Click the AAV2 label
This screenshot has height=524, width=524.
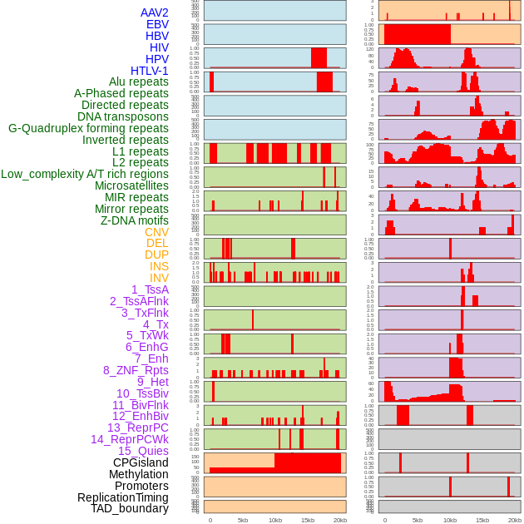coord(154,12)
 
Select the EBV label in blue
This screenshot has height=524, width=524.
coord(157,24)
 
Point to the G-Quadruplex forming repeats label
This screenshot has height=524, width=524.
coord(88,128)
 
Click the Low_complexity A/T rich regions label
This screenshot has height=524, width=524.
coord(85,174)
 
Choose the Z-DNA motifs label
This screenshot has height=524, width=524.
coord(134,220)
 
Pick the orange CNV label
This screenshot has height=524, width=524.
coord(156,232)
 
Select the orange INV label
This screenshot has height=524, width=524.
coord(159,278)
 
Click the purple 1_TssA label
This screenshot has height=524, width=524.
coord(150,289)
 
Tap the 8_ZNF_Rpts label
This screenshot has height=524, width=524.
coord(136,370)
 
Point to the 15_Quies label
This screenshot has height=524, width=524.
coord(143,451)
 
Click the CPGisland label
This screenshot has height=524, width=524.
coord(141,462)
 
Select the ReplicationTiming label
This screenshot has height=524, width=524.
coord(123,497)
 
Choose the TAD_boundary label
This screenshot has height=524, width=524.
coord(130,508)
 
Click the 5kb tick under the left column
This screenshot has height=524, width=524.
coord(243,520)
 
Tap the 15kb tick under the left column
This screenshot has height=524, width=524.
coord(308,520)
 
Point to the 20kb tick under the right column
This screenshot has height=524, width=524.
coord(515,520)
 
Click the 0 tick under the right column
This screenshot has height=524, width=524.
coord(385,520)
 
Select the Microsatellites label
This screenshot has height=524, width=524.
coord(131,185)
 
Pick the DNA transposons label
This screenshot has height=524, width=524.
coord(123,116)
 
